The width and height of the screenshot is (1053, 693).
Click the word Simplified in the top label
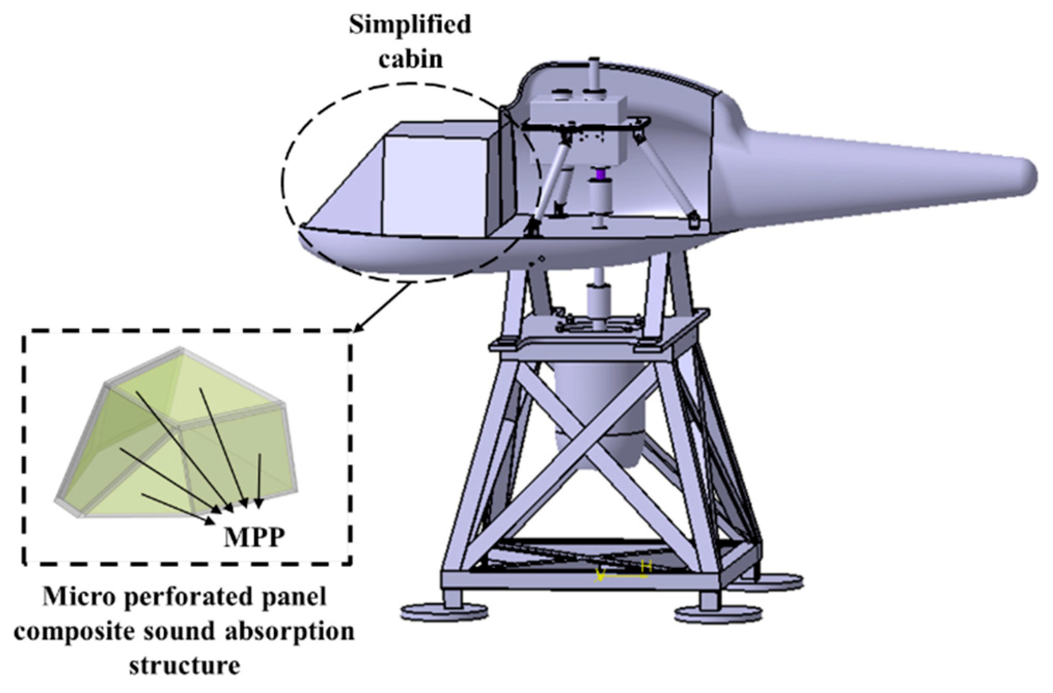click(410, 24)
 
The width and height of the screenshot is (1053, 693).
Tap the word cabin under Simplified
click(411, 59)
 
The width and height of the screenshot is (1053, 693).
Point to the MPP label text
click(254, 538)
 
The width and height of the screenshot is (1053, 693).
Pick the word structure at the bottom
click(185, 665)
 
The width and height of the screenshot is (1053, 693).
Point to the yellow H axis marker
click(646, 567)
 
